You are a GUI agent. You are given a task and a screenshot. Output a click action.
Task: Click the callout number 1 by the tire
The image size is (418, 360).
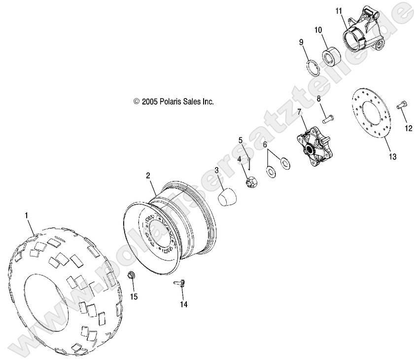[27, 216]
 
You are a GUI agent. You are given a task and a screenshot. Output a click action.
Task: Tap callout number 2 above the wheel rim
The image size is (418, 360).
[147, 176]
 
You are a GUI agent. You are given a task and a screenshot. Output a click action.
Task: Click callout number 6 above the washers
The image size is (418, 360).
[265, 144]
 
